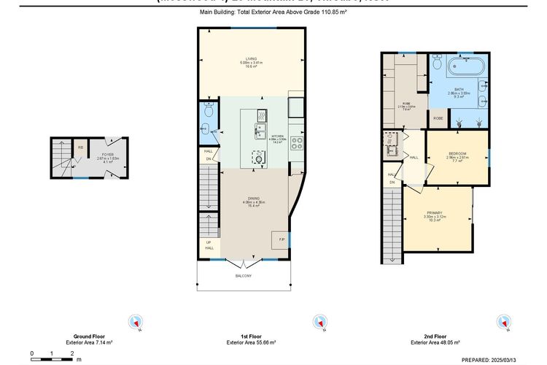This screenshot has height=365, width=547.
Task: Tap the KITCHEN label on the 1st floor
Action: click(x=277, y=137)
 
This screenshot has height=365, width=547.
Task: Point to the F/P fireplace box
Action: click(x=280, y=239)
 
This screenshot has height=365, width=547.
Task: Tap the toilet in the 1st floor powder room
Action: click(x=208, y=112)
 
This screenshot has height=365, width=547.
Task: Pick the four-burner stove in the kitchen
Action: click(x=297, y=143)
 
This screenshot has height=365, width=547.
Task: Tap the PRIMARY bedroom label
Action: click(x=435, y=212)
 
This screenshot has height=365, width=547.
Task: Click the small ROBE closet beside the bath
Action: click(x=438, y=118)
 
